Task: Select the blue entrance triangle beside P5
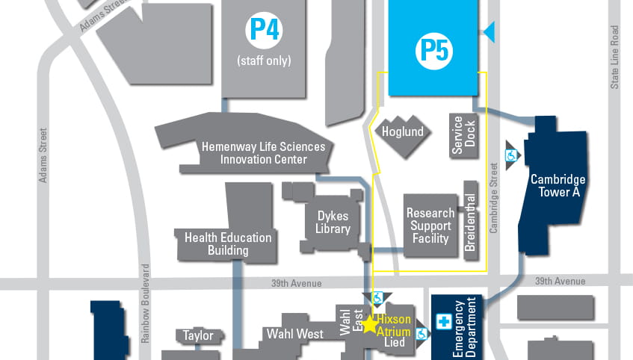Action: pyautogui.click(x=490, y=31)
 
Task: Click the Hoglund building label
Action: pyautogui.click(x=402, y=132)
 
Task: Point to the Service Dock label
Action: pyautogui.click(x=464, y=134)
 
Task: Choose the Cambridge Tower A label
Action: pyautogui.click(x=558, y=186)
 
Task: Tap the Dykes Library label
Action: pyautogui.click(x=333, y=223)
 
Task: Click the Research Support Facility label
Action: pyautogui.click(x=430, y=226)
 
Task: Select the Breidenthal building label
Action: pyautogui.click(x=470, y=221)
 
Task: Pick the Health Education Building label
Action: pyautogui.click(x=228, y=244)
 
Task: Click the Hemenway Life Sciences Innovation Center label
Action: pyautogui.click(x=263, y=153)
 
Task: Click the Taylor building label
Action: pyautogui.click(x=198, y=335)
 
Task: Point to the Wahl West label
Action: pyautogui.click(x=294, y=334)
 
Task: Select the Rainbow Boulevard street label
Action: pyautogui.click(x=146, y=306)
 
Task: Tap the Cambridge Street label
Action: pyautogui.click(x=494, y=198)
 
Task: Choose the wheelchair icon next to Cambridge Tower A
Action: pyautogui.click(x=512, y=156)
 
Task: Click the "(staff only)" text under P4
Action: pyautogui.click(x=264, y=60)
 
